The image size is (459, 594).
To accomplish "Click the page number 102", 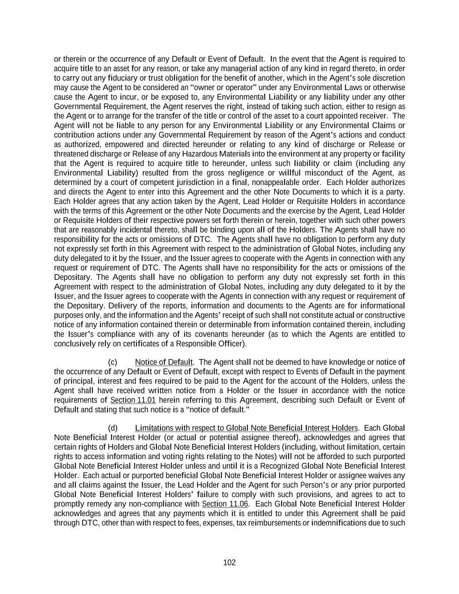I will (229, 563).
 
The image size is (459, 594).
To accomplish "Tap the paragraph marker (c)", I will (113, 362).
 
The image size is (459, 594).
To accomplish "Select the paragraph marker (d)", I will (113, 428).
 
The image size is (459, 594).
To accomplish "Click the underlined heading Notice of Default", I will (164, 362).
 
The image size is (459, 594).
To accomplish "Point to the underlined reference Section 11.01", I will (133, 400).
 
